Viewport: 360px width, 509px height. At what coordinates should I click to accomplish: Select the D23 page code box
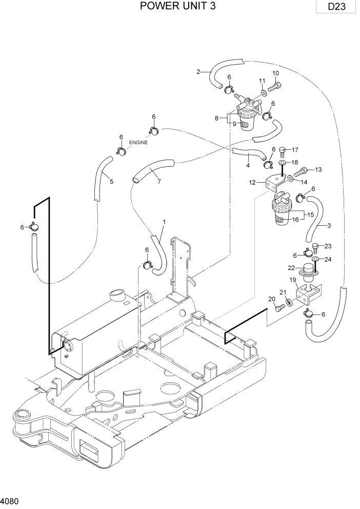pos(335,8)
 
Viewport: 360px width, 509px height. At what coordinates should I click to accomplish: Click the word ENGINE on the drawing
pos(138,143)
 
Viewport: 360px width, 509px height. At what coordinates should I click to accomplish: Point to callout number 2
pos(198,71)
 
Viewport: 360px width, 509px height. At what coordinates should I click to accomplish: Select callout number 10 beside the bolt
pos(275,73)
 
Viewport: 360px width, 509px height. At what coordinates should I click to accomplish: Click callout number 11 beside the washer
pos(262,81)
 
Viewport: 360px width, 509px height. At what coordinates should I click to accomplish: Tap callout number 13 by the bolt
pos(318,169)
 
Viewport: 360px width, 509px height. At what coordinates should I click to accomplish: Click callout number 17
pos(294,150)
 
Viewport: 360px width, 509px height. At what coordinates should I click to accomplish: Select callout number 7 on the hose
pos(159,181)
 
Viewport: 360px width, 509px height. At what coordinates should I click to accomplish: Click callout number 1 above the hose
pos(164,222)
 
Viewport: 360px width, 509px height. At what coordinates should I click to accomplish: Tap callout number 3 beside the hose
pos(328,225)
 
